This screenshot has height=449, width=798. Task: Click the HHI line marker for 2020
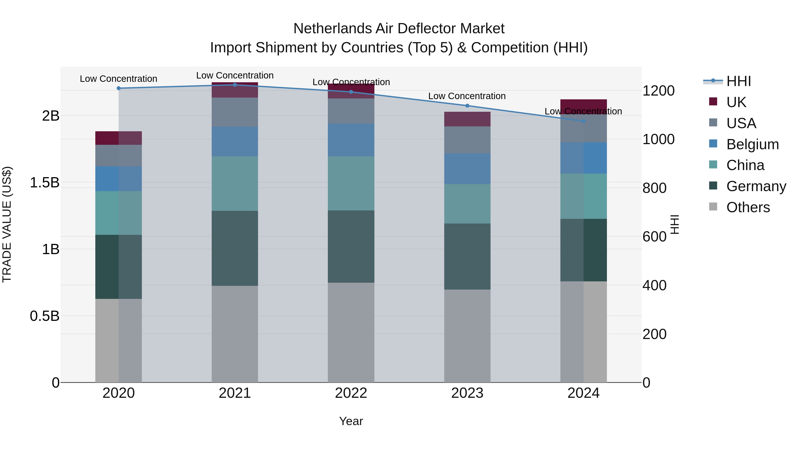[x=119, y=88]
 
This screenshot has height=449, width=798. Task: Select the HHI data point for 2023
[x=467, y=106]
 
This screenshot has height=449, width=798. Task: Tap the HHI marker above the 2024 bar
[x=584, y=121]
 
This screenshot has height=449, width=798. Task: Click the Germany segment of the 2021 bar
[x=235, y=248]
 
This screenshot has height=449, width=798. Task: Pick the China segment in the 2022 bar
[x=351, y=183]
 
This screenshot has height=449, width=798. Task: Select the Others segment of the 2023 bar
[x=467, y=336]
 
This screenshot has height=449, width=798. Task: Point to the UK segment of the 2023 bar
[x=467, y=119]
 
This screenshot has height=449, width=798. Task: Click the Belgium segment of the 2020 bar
[x=119, y=179]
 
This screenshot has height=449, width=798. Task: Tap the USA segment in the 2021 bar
[x=235, y=112]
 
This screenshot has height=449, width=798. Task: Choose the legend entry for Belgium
[x=752, y=144]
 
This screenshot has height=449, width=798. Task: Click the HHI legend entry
[x=739, y=81]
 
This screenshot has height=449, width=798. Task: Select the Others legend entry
[x=748, y=207]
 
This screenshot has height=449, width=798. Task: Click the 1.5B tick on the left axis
[x=44, y=182]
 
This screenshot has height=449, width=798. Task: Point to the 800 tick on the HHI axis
[x=654, y=188]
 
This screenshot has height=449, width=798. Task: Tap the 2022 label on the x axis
[x=351, y=393]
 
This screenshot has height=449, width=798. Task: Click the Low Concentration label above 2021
[x=235, y=75]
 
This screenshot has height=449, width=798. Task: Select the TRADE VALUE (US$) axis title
[x=7, y=224]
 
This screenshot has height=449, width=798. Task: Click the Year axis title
[x=351, y=421]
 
